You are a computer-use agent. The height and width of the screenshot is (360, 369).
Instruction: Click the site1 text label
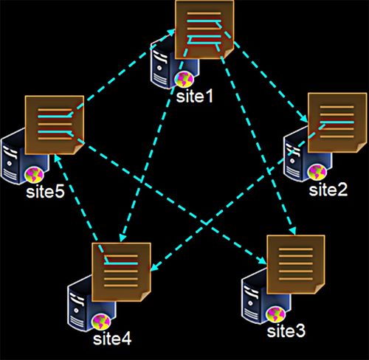click(194, 97)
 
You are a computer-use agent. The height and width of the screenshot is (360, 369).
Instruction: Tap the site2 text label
click(328, 190)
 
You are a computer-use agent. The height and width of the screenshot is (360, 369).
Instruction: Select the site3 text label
click(286, 331)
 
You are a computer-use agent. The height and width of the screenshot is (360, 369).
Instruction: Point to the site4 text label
click(112, 339)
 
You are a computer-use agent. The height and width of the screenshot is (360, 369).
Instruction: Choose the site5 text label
click(45, 192)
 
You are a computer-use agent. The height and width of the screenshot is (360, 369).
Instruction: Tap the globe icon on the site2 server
click(317, 172)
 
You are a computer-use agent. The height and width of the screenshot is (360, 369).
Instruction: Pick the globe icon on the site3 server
click(276, 314)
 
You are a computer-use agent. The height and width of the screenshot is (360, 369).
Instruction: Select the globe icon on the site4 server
click(101, 322)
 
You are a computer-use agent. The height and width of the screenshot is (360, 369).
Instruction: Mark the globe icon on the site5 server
click(35, 175)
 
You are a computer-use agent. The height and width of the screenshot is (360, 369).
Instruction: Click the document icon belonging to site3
click(296, 265)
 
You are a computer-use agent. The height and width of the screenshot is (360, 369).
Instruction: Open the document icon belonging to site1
click(204, 30)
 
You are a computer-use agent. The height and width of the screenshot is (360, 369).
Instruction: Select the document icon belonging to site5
click(55, 125)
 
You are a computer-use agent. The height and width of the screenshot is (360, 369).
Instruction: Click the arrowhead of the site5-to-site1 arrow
click(171, 32)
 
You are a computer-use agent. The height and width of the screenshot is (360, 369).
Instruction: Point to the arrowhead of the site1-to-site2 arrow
click(304, 117)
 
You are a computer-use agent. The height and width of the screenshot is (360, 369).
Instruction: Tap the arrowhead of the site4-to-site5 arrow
click(57, 159)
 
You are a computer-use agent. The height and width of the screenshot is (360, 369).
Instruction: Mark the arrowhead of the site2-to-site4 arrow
click(154, 268)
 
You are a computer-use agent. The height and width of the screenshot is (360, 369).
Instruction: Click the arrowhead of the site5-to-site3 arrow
click(263, 261)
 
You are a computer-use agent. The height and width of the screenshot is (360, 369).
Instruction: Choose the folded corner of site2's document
click(362, 148)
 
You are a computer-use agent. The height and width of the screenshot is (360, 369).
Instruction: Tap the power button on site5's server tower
click(10, 163)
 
